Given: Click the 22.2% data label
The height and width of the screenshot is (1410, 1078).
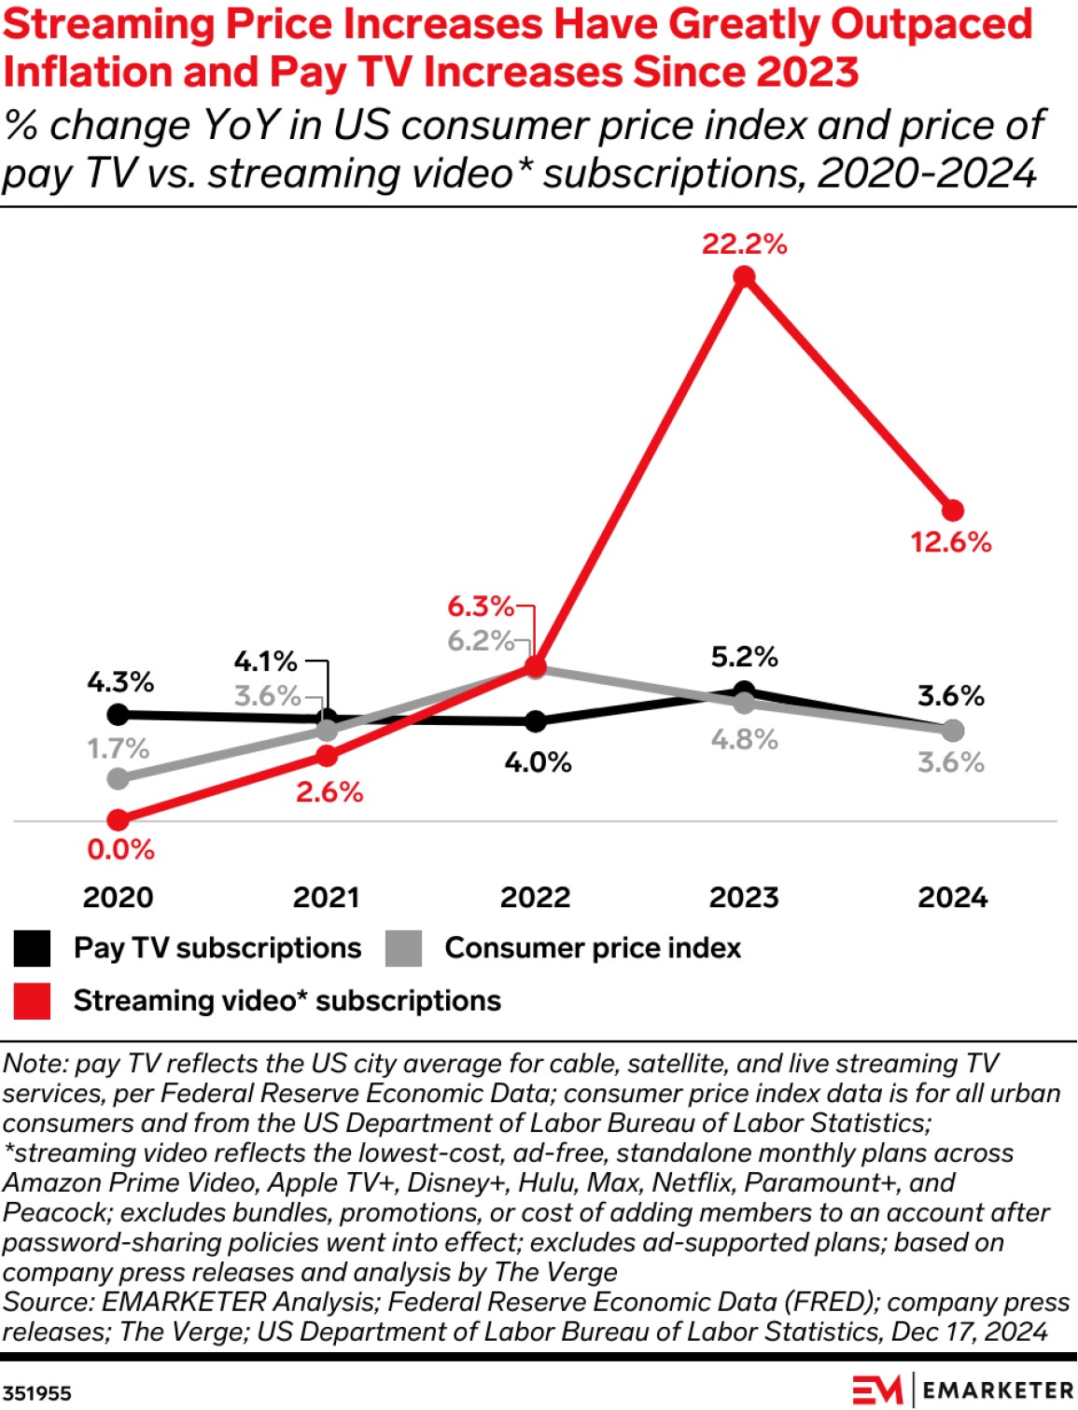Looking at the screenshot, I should [744, 244].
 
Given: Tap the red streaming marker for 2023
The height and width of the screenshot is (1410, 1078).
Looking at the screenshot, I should [744, 277].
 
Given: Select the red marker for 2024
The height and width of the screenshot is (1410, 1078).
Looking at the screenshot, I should [952, 510].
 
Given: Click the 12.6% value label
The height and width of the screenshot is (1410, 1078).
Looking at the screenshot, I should [951, 542].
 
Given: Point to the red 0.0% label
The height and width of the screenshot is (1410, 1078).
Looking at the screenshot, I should [120, 850].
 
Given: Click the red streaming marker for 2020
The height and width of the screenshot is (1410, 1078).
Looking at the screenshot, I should [119, 820].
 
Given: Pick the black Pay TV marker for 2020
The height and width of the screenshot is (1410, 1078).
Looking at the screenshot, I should [119, 715].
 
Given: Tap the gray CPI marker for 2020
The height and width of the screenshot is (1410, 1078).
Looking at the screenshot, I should [119, 778].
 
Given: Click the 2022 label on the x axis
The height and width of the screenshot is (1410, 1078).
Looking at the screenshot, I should [535, 898].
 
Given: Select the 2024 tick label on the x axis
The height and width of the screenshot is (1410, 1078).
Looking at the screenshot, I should [952, 898].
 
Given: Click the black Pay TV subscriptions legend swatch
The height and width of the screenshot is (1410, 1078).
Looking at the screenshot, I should [33, 949].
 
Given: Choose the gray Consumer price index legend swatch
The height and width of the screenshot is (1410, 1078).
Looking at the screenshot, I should [403, 949].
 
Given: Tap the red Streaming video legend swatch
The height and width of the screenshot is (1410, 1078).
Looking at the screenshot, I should [33, 1001].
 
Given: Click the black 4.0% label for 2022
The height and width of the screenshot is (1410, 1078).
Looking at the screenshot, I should [538, 763].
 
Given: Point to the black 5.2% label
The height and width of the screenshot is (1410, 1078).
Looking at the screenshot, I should [744, 657].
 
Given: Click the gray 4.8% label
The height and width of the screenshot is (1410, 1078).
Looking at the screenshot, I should [744, 740].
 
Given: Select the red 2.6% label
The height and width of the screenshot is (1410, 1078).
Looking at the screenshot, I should [329, 793].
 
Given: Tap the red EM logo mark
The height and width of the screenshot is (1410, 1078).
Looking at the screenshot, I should [875, 1389].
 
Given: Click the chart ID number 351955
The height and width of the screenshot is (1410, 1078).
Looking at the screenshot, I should [36, 1393].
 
